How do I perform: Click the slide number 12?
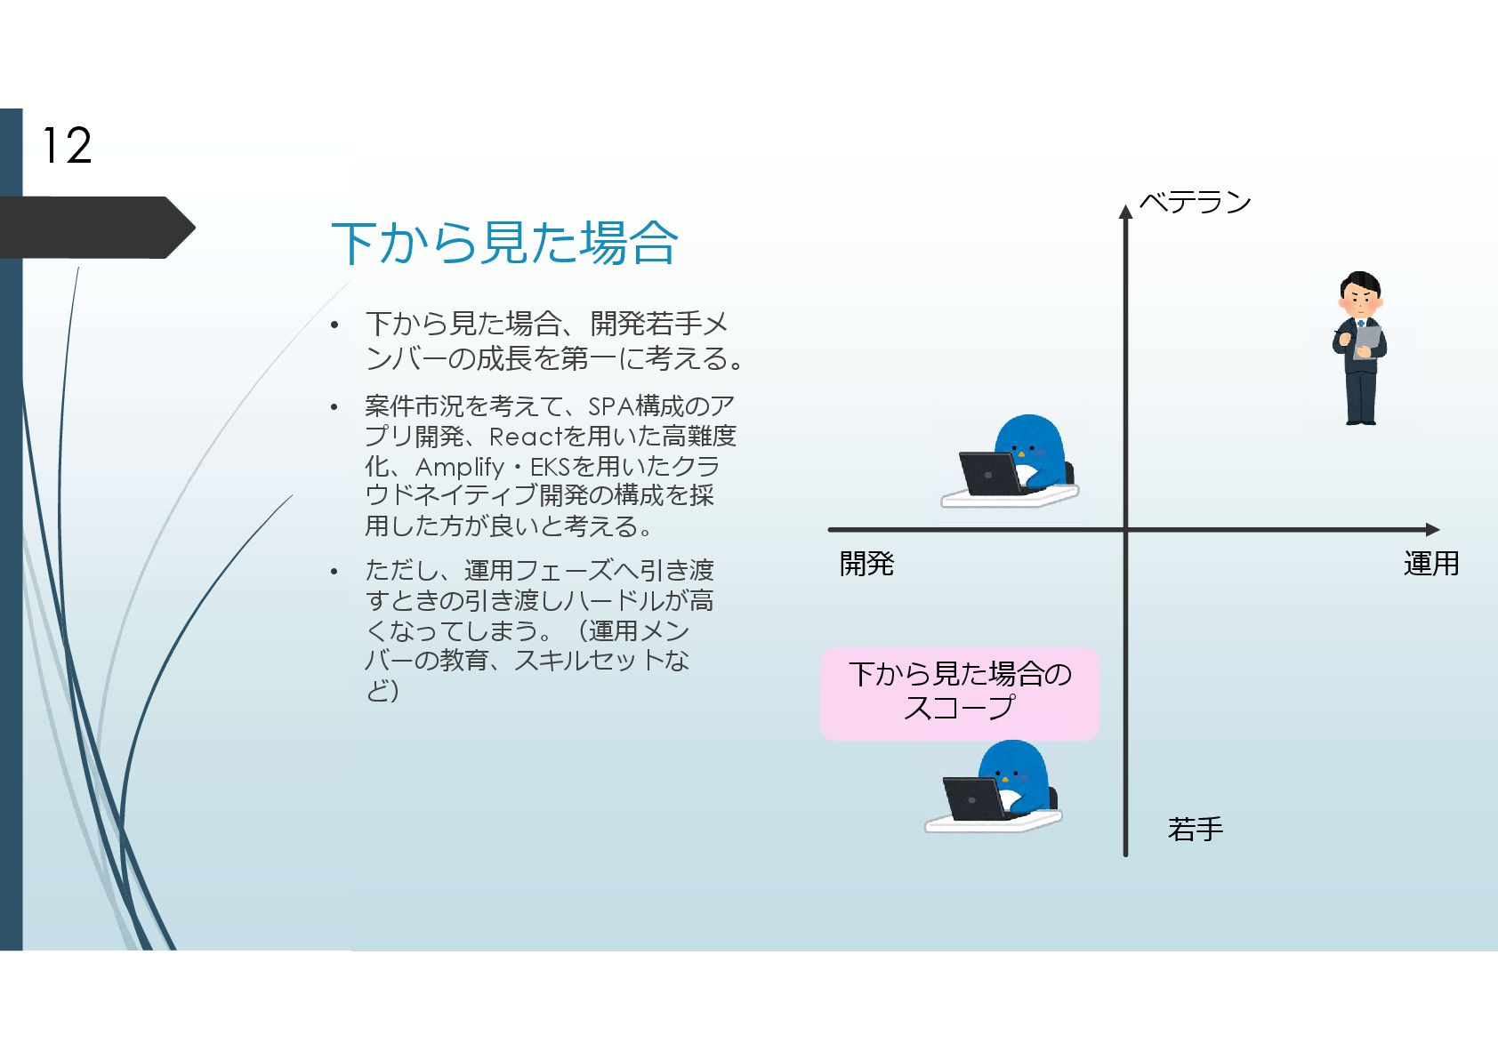point(67,146)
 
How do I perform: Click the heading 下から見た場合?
point(504,243)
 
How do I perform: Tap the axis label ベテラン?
point(1195,203)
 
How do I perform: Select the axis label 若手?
point(1195,830)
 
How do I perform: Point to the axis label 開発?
point(866,564)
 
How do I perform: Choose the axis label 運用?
point(1430,564)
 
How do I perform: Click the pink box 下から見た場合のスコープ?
point(959,693)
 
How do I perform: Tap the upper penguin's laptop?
point(989,473)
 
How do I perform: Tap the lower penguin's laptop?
point(972,798)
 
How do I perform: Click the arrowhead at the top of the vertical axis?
point(1125,212)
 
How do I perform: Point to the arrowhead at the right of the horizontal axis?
point(1432,530)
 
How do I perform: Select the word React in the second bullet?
point(526,437)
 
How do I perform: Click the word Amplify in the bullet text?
point(459,467)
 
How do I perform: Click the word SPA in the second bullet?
point(610,406)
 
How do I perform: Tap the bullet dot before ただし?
point(334,572)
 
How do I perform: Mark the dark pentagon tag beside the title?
point(93,228)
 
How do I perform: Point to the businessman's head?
point(1360,292)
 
